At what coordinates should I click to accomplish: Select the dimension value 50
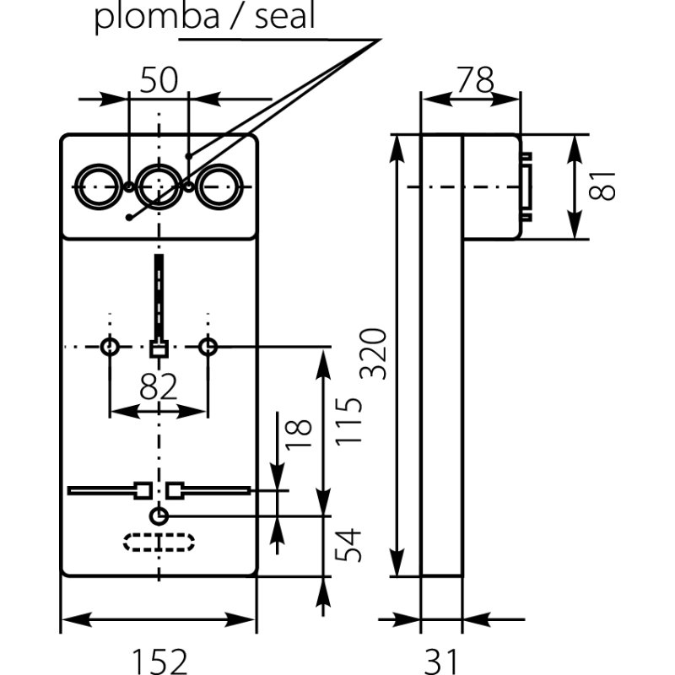click(x=158, y=80)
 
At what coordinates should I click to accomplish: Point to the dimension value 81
click(x=602, y=186)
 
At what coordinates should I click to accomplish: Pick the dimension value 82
click(x=158, y=387)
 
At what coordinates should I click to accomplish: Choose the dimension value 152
click(x=158, y=661)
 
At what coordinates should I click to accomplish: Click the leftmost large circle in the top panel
click(x=96, y=186)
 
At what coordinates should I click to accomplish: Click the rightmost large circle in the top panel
click(x=219, y=186)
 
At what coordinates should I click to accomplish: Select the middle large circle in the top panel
click(x=158, y=186)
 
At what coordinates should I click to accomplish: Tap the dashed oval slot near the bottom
click(x=159, y=542)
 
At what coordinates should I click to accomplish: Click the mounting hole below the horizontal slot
click(x=159, y=516)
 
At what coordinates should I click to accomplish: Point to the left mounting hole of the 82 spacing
click(x=110, y=347)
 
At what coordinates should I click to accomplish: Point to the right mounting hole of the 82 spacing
click(x=208, y=347)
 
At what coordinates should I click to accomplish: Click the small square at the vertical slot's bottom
click(x=158, y=348)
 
